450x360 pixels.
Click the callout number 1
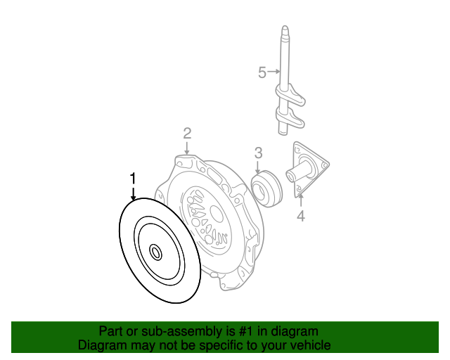pos(133,179)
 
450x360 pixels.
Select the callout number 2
pos(187,134)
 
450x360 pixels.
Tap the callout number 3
pos(258,153)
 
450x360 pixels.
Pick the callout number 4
pos(300,216)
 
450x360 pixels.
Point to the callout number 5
pos(262,72)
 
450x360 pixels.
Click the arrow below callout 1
pos(133,194)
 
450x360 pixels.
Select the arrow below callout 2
pos(187,148)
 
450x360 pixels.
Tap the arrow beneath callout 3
pos(258,167)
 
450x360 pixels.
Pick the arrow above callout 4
pos(300,200)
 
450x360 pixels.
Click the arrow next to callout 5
pos(274,71)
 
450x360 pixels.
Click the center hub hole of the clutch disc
pos(156,253)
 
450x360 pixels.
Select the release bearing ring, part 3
pos(266,188)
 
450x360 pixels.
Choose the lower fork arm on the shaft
pos(290,117)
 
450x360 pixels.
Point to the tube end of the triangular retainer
pos(290,176)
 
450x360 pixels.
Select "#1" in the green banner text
pos(246,332)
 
